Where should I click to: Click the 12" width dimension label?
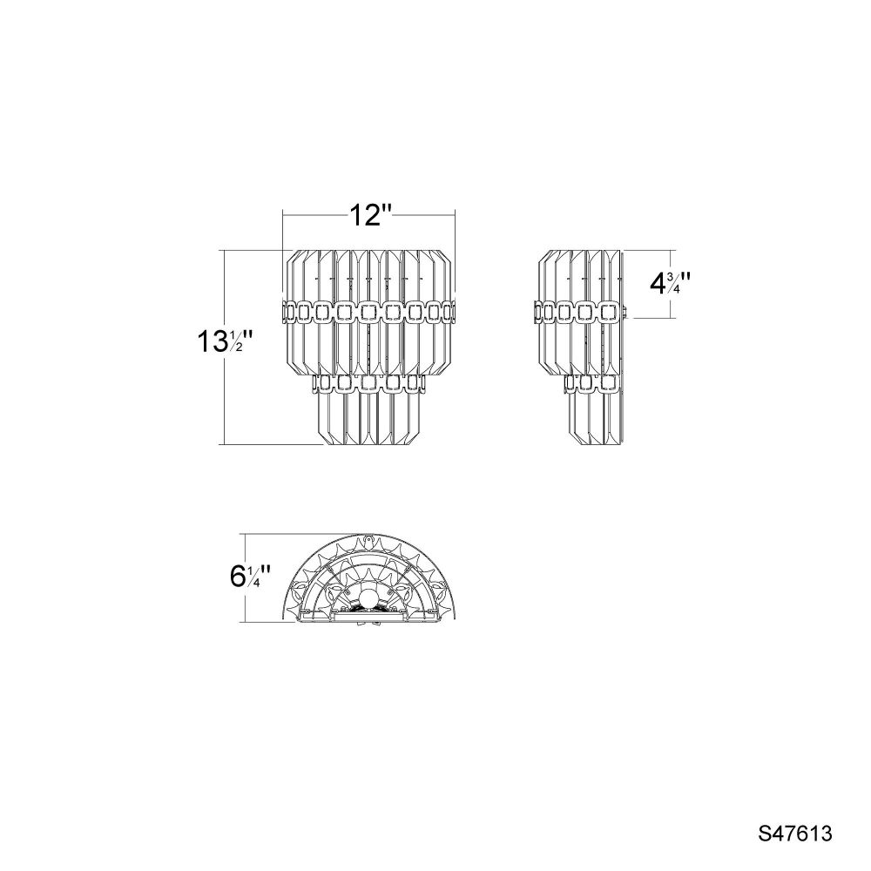pos(370,215)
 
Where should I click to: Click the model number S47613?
pos(795,834)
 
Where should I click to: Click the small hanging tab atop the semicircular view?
pos(368,539)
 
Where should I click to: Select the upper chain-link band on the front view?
pos(369,312)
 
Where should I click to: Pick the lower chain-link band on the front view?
pos(368,382)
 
